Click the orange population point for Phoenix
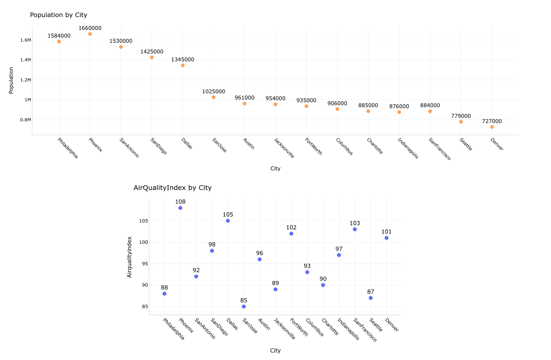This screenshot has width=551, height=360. click(x=90, y=34)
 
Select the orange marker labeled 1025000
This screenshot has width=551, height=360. click(x=214, y=97)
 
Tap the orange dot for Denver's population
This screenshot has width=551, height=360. click(x=492, y=127)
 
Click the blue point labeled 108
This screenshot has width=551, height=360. click(x=180, y=208)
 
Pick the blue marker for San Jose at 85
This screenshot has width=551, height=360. click(x=244, y=307)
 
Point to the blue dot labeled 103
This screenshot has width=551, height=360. click(x=355, y=229)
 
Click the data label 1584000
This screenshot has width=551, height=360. click(x=59, y=36)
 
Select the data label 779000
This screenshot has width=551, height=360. click(x=461, y=116)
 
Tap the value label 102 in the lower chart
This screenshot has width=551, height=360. click(x=291, y=227)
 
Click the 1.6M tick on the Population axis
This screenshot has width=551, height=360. click(x=26, y=40)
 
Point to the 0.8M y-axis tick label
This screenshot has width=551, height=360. click(x=26, y=120)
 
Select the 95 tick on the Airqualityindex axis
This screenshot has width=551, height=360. click(x=145, y=264)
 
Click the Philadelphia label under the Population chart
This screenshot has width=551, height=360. click(x=68, y=148)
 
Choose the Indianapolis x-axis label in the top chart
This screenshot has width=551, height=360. click(x=408, y=148)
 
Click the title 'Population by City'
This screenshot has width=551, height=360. click(x=59, y=15)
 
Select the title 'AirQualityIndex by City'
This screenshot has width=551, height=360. click(x=173, y=188)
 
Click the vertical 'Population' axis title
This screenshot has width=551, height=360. click(x=11, y=80)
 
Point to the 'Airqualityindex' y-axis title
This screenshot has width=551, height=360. click(x=129, y=257)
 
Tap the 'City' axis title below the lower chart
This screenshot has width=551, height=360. click(x=275, y=350)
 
